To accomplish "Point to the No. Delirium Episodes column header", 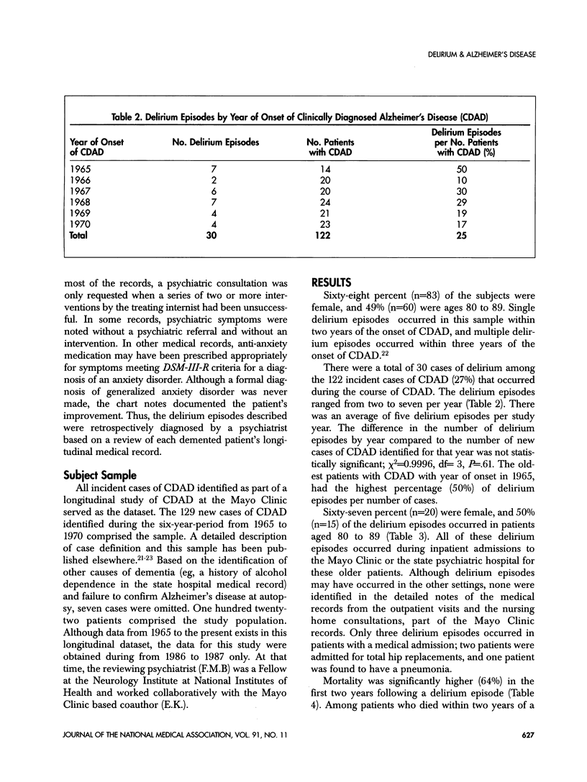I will point(216,142).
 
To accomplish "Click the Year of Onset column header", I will point(96,142).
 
